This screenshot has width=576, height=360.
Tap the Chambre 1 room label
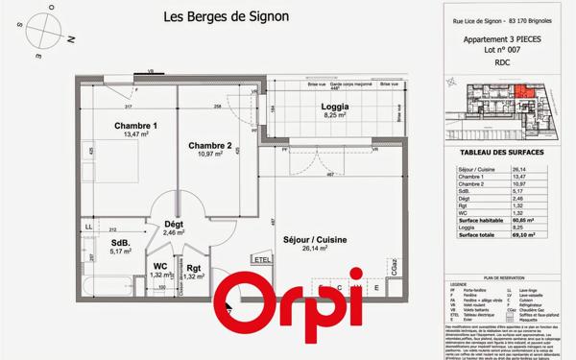[x=135, y=126]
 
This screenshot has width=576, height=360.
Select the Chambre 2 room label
[x=209, y=146]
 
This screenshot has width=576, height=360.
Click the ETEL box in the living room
[x=261, y=259]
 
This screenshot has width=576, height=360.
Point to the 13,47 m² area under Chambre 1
[x=135, y=135]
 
